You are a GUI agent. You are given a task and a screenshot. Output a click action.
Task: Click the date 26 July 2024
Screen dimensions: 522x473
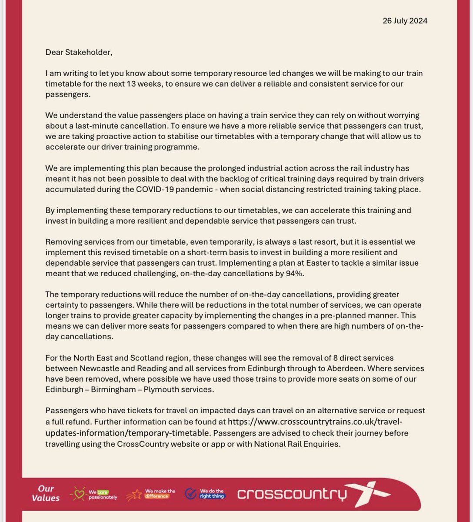pos(405,20)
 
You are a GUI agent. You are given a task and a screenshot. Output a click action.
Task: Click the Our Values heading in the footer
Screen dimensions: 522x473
pos(46,493)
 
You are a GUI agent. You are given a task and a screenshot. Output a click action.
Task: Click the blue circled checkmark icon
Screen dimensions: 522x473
pos(190,493)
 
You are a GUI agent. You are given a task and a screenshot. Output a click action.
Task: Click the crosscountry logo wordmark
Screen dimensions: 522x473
pos(292,494)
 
